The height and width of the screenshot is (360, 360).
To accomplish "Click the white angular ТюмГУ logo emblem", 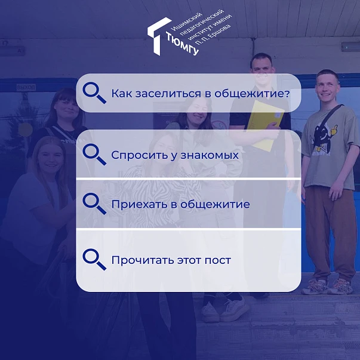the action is (x=158, y=35).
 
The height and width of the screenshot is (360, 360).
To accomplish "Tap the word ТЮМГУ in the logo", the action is (x=182, y=44).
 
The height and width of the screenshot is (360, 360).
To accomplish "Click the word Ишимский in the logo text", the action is (x=187, y=21).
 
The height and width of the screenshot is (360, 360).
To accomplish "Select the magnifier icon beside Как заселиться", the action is (x=94, y=93).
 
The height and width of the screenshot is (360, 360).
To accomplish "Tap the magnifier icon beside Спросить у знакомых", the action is (x=94, y=154).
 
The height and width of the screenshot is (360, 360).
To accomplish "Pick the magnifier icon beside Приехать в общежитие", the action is (x=94, y=204).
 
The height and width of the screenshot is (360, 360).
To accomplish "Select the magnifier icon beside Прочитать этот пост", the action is (x=94, y=260).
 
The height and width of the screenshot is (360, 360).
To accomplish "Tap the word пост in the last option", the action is (x=217, y=260).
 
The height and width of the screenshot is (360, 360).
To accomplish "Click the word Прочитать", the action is (x=143, y=260).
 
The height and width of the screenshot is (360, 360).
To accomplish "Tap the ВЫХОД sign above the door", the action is (x=26, y=88).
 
